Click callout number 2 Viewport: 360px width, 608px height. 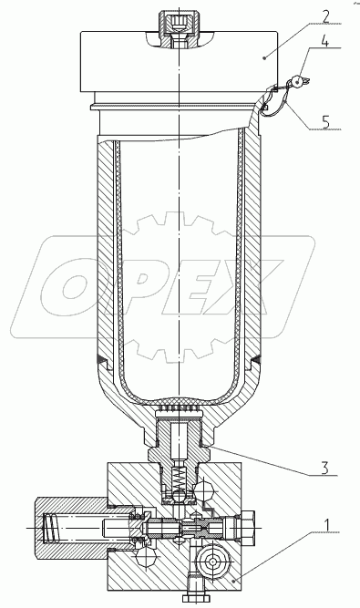tap(325, 16)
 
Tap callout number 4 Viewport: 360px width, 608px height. tap(325, 40)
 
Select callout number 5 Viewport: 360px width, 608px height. tap(324, 122)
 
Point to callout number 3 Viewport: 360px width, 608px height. tap(324, 468)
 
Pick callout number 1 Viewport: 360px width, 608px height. tap(326, 525)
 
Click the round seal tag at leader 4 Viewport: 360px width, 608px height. tap(298, 81)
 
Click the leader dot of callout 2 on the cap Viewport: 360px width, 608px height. tap(264, 57)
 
